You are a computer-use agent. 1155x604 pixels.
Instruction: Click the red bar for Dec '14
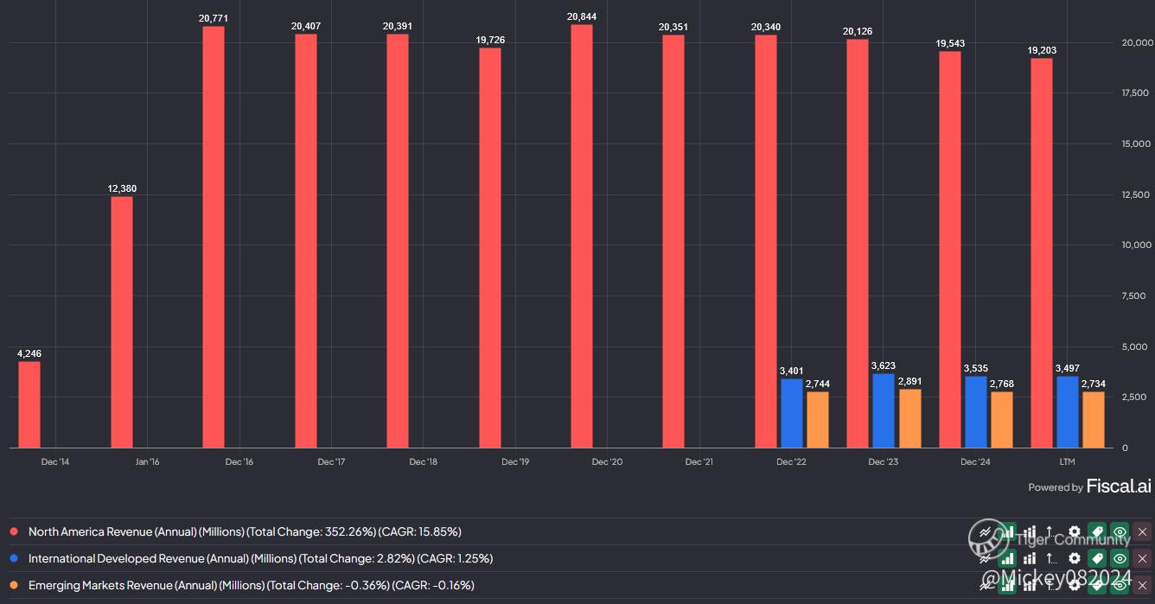point(29,404)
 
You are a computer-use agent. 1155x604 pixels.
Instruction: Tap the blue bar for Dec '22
point(792,413)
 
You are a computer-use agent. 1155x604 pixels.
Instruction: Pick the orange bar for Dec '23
point(910,418)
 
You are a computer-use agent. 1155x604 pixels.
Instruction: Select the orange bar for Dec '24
point(1002,419)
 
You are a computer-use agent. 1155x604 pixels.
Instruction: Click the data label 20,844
point(582,16)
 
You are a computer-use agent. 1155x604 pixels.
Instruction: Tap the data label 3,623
point(884,366)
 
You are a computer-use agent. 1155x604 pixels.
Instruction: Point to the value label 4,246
point(29,353)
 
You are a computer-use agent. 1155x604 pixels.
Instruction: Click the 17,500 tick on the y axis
point(1134,92)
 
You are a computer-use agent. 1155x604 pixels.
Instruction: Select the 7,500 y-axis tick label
point(1134,296)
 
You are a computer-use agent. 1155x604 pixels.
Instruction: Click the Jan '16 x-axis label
point(148,462)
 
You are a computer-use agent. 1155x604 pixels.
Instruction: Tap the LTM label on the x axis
point(1067,462)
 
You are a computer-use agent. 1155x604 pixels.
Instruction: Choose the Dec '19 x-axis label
point(515,462)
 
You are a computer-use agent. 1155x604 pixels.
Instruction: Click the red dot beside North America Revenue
point(14,532)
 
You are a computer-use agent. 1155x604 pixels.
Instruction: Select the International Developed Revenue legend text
point(260,559)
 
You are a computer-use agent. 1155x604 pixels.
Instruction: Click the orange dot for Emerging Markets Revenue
point(14,586)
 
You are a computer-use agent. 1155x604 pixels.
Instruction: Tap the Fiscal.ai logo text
point(1119,486)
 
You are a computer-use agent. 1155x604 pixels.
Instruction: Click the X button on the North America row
point(1143,532)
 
